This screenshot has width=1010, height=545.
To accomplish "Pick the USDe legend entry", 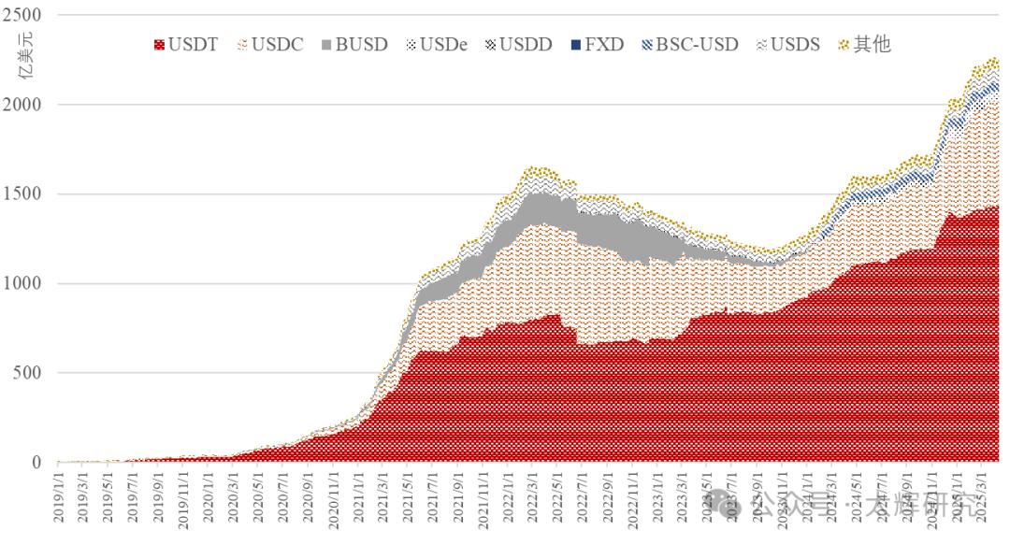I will [x=436, y=44].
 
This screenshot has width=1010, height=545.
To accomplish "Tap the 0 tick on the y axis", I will [x=36, y=462].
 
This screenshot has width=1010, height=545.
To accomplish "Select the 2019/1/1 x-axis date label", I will [x=59, y=501].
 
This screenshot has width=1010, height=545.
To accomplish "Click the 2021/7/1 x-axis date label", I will [x=432, y=501].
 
